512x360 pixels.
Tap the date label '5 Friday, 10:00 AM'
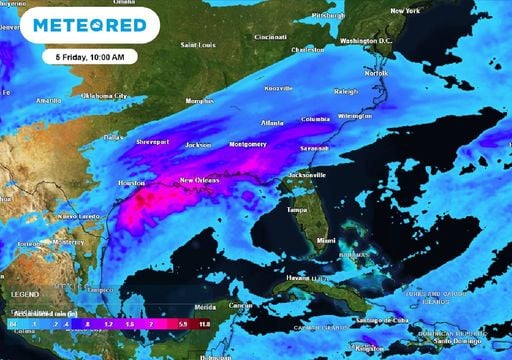click(90, 56)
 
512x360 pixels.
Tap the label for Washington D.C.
click(370, 41)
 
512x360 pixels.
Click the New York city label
click(405, 11)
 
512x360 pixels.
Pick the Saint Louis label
click(197, 45)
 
